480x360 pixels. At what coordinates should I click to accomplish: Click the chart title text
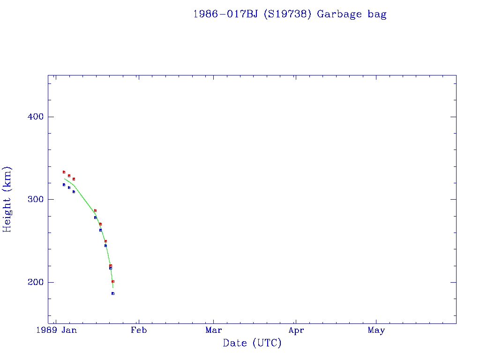click(x=290, y=14)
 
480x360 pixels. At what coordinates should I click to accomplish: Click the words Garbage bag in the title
click(x=352, y=14)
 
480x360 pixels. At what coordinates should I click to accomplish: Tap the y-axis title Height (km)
click(x=7, y=199)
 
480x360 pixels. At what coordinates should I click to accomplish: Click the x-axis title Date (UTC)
click(x=252, y=343)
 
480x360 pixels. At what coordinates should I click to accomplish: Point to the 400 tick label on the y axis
click(x=33, y=117)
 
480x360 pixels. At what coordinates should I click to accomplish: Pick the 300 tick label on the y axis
click(x=33, y=199)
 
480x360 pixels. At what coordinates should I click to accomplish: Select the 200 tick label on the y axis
click(x=33, y=282)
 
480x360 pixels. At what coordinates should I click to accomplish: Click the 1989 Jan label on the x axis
click(x=57, y=330)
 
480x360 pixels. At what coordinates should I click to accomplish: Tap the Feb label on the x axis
click(x=138, y=330)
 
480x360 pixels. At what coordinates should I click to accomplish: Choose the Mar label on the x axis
click(x=213, y=330)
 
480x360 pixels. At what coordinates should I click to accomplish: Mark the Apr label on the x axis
click(x=296, y=330)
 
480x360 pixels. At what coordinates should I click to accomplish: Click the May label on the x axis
click(x=376, y=330)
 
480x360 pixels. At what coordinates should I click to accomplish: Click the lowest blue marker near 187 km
click(x=113, y=293)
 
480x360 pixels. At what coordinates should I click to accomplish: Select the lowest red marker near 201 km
click(x=113, y=281)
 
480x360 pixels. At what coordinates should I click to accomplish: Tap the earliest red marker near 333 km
click(x=64, y=172)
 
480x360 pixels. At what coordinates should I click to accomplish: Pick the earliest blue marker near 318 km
click(x=64, y=185)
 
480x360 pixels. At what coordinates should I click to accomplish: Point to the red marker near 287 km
click(x=95, y=210)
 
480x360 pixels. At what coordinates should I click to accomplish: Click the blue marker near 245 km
click(x=105, y=246)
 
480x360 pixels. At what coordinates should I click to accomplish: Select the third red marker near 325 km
click(x=74, y=179)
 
